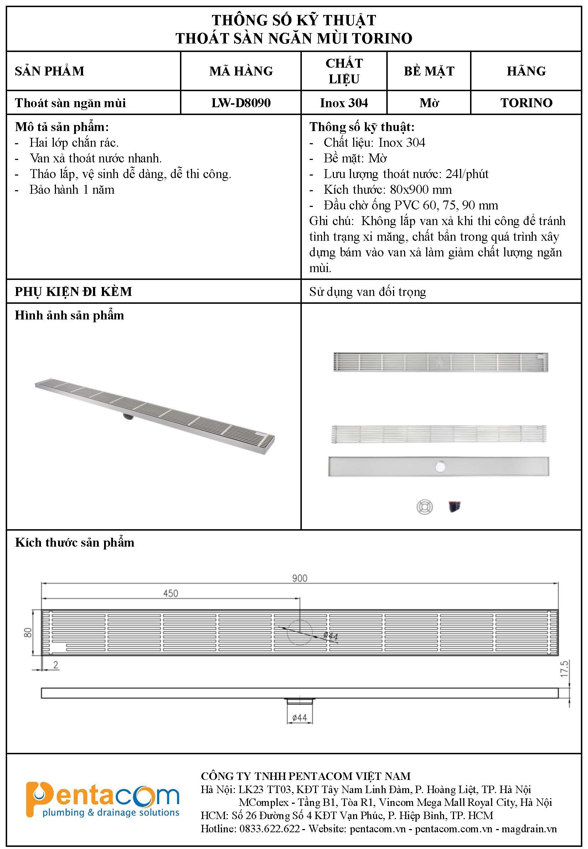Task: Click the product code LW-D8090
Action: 241,103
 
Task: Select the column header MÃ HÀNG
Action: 241,71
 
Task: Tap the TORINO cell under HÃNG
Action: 526,103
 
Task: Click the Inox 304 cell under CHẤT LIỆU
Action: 344,103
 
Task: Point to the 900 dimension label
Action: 300,578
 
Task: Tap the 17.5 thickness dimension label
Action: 564,668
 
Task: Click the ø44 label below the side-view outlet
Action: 300,718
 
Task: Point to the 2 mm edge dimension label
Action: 56,665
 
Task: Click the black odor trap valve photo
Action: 455,507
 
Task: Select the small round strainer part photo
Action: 424,507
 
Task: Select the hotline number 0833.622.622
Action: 269,829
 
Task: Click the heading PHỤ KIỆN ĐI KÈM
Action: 73,292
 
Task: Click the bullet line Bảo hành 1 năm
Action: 72,189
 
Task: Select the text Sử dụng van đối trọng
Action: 367,292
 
